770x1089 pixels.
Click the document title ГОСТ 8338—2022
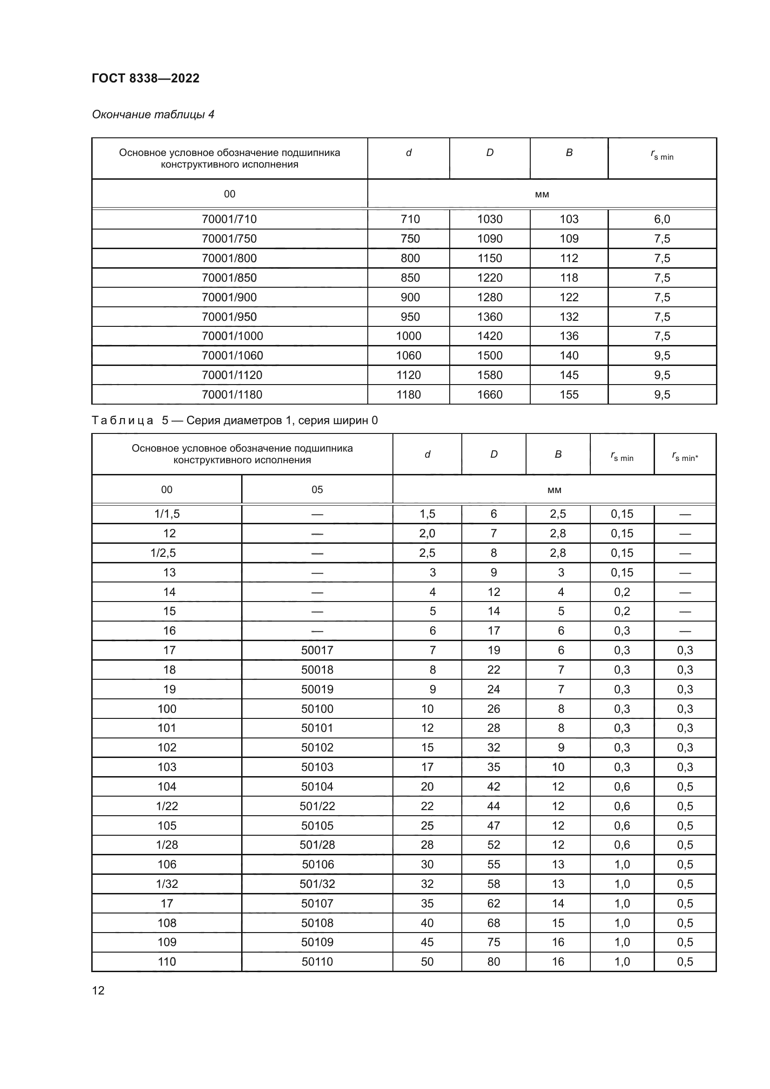click(x=146, y=78)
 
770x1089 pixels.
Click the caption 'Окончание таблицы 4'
click(x=153, y=115)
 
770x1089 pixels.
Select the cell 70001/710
click(x=229, y=219)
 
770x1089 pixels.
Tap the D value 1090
click(x=489, y=238)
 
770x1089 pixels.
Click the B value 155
click(x=568, y=394)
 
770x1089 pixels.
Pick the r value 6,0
click(x=662, y=219)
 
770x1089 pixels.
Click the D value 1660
click(x=489, y=394)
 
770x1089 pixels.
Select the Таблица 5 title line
click(x=235, y=420)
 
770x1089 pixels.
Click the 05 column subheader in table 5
click(x=317, y=489)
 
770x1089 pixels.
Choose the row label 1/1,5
click(x=167, y=514)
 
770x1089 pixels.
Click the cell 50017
click(x=317, y=650)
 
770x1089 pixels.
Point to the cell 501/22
click(x=317, y=806)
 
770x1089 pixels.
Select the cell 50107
click(x=317, y=903)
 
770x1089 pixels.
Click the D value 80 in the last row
click(x=493, y=961)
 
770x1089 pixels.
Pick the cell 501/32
click(x=317, y=884)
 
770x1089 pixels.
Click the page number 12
click(x=98, y=990)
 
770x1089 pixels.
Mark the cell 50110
click(x=317, y=961)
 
